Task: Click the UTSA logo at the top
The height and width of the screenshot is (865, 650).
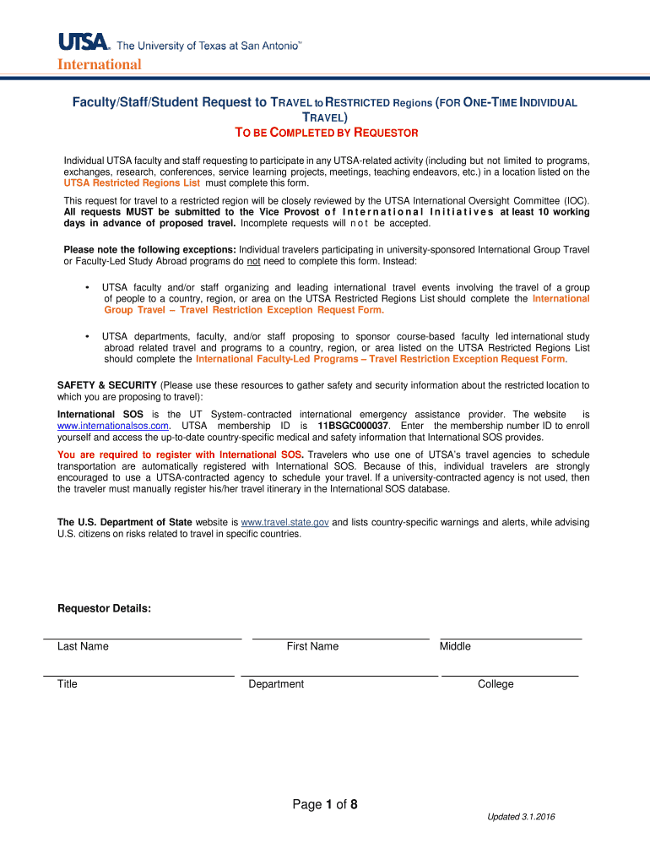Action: point(84,41)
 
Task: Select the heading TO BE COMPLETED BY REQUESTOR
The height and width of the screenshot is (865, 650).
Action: point(325,133)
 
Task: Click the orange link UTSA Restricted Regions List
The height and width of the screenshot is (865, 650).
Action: point(132,182)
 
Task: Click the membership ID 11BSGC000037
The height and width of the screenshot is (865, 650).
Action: point(353,426)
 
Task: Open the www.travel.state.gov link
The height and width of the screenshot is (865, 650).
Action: point(284,522)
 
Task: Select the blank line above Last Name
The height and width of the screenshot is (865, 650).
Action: point(143,638)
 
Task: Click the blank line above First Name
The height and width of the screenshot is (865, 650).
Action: point(340,638)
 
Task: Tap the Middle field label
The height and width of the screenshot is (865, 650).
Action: point(455,646)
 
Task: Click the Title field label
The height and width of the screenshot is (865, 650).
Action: point(67,683)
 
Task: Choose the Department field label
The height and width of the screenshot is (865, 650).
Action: point(276,683)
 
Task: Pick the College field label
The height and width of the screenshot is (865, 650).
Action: point(495,683)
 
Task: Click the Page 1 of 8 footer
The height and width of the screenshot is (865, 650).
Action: point(325,804)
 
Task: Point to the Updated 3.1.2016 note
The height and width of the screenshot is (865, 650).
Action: point(520,817)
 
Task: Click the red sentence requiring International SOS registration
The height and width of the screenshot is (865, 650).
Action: point(180,454)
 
